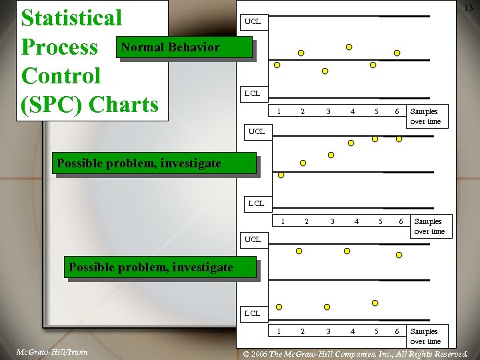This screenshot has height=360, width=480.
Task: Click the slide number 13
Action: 468,7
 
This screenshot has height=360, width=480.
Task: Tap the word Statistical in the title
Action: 72,18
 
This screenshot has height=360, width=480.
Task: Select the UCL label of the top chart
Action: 253,21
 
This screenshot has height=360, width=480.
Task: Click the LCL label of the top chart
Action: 253,93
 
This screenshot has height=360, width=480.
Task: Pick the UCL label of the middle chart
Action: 257,131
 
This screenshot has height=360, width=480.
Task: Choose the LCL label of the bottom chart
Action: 253,313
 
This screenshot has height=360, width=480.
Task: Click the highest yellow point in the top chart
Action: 349,47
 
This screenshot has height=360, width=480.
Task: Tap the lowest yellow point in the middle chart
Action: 281,175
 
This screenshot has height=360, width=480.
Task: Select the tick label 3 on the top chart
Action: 328,112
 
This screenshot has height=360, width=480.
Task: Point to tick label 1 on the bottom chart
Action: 278,331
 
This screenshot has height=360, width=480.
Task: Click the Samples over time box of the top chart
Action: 425,117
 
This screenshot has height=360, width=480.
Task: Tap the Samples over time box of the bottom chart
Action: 425,336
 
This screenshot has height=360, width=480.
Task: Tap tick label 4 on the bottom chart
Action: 353,331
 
